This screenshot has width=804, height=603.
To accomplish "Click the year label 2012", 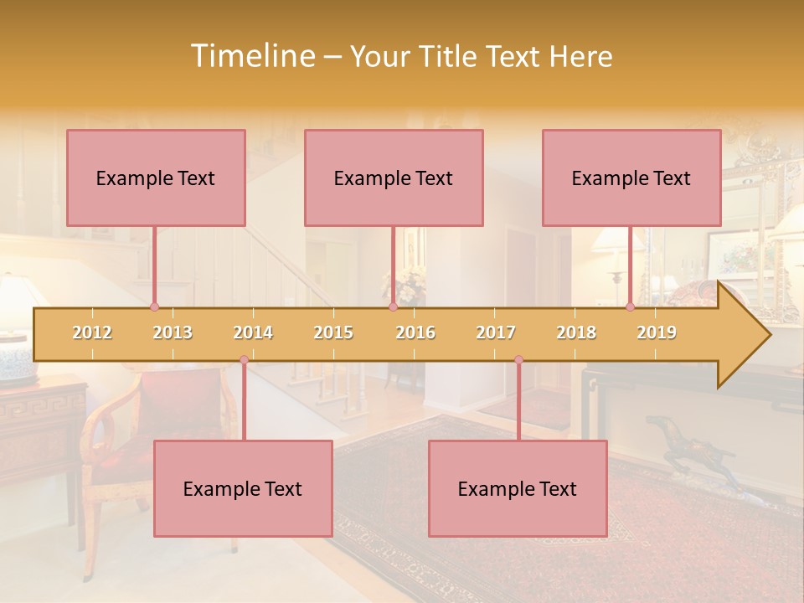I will (x=92, y=332).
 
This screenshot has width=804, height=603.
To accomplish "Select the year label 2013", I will (x=173, y=332).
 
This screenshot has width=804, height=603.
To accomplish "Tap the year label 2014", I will (x=253, y=332).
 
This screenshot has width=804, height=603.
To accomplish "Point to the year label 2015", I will (x=333, y=332).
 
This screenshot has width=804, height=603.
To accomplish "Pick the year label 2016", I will (x=415, y=332).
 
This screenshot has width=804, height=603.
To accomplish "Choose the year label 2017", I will (x=496, y=332).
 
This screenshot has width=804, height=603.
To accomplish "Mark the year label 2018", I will (x=576, y=332).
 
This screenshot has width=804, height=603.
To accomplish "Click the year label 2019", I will (x=657, y=332).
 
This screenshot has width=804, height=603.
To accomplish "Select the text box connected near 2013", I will (x=156, y=178).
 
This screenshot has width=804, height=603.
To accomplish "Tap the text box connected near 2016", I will (x=394, y=178).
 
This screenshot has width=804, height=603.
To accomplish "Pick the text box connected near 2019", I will (x=631, y=178).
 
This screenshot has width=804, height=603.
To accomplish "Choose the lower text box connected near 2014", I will (x=243, y=488).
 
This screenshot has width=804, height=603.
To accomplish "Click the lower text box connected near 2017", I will (x=518, y=488).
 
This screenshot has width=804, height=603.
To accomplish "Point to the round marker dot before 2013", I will (x=154, y=307).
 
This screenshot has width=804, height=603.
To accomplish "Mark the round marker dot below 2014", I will (x=244, y=360).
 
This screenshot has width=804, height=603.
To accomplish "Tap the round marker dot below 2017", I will (x=518, y=360).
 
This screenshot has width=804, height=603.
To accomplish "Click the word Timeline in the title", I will (x=251, y=56).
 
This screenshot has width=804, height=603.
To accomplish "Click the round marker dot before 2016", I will (x=393, y=307).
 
